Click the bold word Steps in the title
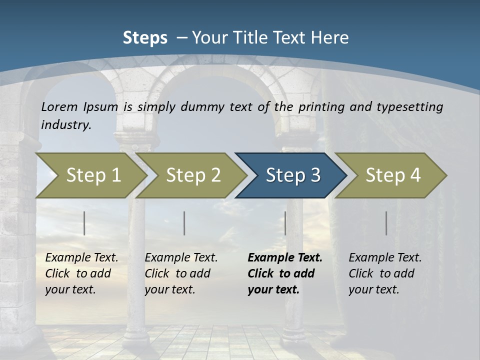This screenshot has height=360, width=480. click(x=145, y=38)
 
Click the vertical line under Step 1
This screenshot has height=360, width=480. click(x=84, y=223)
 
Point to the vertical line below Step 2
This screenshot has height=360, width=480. click(x=184, y=223)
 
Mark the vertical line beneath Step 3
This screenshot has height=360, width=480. click(x=285, y=223)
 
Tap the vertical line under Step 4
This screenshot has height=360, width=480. click(x=386, y=223)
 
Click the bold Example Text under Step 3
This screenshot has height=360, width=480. click(x=284, y=258)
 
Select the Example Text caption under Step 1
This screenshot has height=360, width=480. click(x=81, y=258)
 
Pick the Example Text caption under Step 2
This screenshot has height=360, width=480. click(x=181, y=258)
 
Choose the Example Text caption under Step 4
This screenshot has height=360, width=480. click(x=385, y=258)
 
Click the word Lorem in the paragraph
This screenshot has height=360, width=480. click(x=59, y=107)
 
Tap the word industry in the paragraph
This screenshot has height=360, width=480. click(x=65, y=125)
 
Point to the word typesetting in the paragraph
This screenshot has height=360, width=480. click(x=409, y=107)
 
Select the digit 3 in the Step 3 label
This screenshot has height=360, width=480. click(x=315, y=175)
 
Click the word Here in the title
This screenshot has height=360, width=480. click(x=330, y=38)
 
